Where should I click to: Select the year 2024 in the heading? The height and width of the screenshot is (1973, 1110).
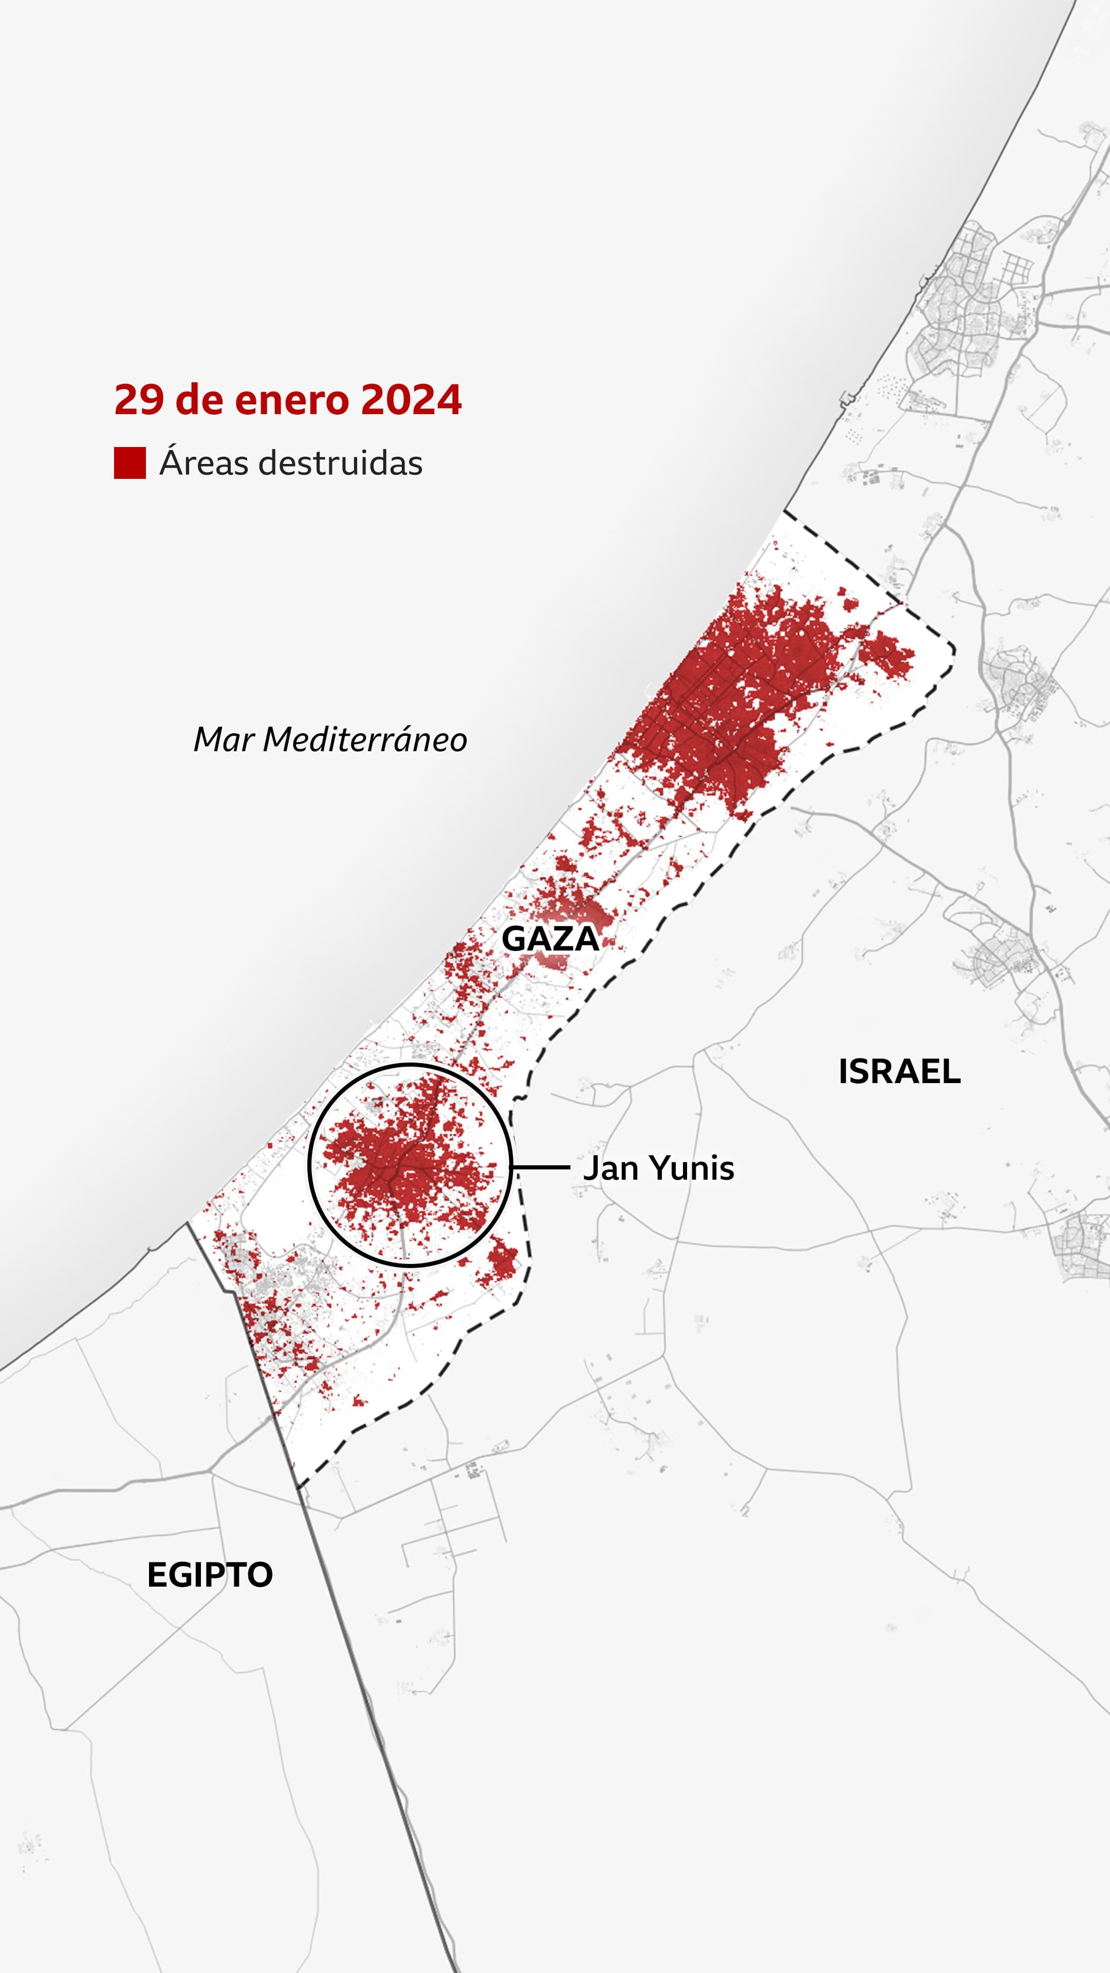(411, 401)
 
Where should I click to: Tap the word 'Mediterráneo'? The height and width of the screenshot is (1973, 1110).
(365, 740)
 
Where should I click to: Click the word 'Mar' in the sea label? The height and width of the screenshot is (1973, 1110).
(223, 740)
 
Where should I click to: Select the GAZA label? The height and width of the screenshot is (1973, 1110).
(550, 939)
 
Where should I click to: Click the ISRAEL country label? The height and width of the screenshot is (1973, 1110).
(899, 1071)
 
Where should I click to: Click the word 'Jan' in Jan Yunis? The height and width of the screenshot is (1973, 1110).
(610, 1168)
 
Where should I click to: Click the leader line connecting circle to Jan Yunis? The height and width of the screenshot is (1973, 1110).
(541, 1168)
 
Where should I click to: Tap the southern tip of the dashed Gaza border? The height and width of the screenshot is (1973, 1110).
(299, 1486)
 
